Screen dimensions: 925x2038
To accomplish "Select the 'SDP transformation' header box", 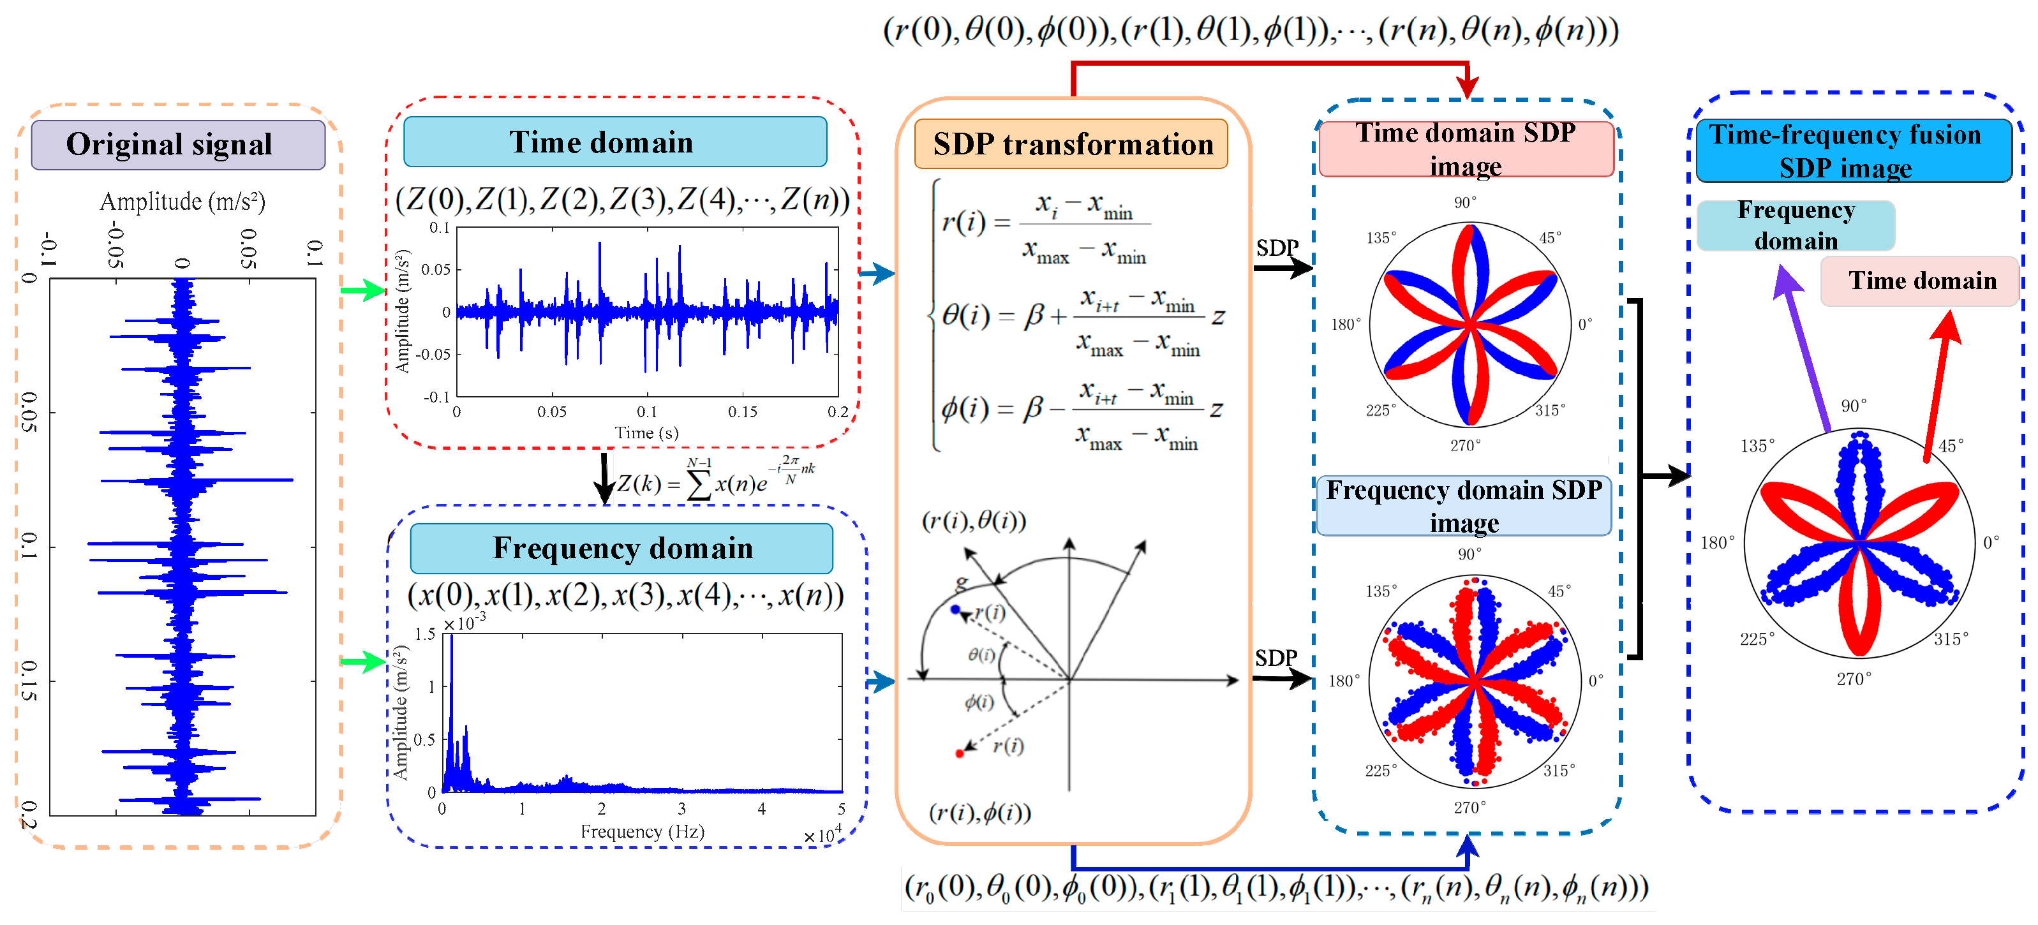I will click(x=1071, y=144).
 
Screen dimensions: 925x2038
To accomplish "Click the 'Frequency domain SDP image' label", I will click(x=1464, y=506).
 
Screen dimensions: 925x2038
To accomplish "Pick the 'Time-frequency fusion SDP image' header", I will click(x=1853, y=151).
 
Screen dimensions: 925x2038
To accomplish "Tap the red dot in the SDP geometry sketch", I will click(x=960, y=753).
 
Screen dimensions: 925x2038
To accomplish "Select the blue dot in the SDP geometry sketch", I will click(x=955, y=609).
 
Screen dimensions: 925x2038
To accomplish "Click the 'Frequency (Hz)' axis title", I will click(x=642, y=832).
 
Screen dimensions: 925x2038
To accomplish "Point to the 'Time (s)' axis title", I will click(x=646, y=433).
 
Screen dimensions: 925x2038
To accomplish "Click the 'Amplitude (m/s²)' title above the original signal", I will click(x=182, y=202).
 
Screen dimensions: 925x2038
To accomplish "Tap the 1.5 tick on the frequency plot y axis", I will click(x=425, y=634).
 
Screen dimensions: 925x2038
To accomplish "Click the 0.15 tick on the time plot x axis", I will click(x=742, y=411).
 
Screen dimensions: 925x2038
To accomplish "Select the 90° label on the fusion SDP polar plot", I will click(x=1853, y=406).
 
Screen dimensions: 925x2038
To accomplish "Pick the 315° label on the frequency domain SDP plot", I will click(x=1559, y=770).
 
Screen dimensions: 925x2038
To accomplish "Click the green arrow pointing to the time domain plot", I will click(x=363, y=290).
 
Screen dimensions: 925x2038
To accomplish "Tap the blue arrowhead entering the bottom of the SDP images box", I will click(x=1468, y=846).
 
